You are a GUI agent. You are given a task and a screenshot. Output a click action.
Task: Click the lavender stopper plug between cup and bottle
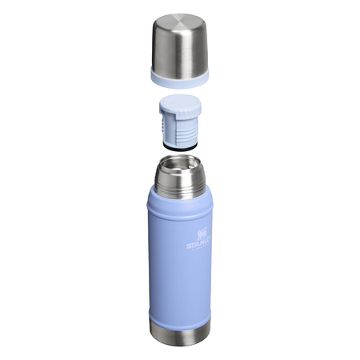pyautogui.click(x=180, y=124)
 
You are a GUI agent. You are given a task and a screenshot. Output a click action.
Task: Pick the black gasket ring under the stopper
pyautogui.click(x=179, y=146)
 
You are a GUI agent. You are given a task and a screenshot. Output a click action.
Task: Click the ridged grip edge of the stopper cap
pyautogui.click(x=180, y=111)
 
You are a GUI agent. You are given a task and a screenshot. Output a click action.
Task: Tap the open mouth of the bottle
pyautogui.click(x=180, y=166)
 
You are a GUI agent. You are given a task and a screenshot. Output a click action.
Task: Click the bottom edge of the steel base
pyautogui.click(x=180, y=351)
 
